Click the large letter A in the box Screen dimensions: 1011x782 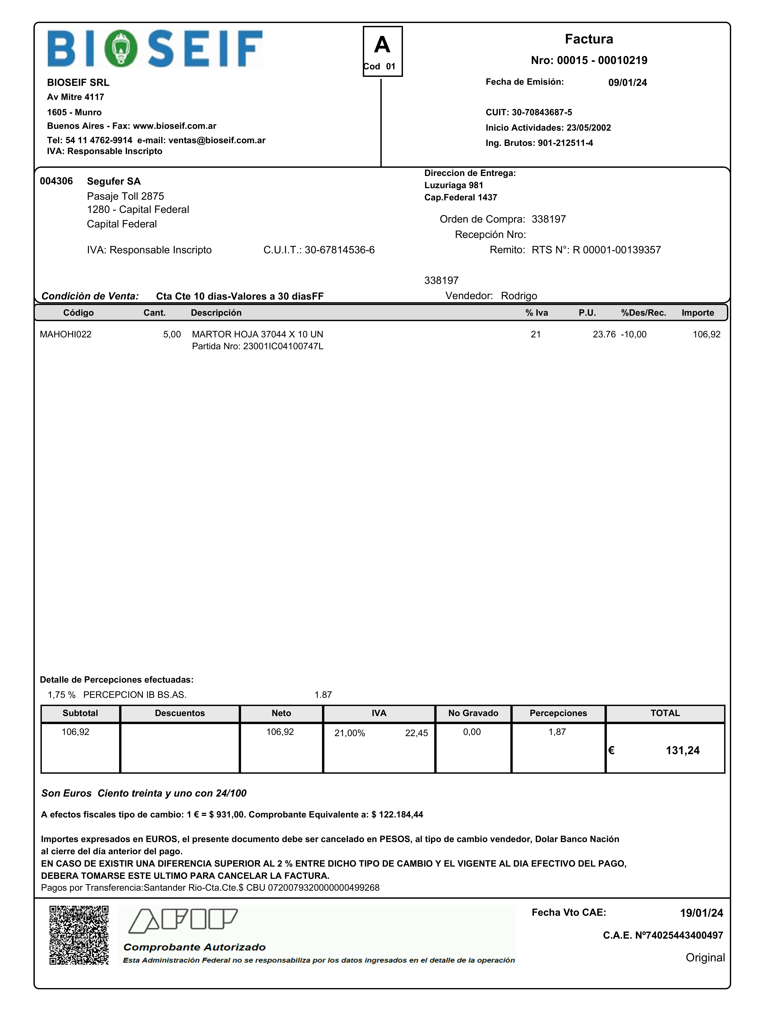382,45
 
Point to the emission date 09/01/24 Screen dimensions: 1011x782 627,82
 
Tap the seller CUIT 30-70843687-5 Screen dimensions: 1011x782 542,112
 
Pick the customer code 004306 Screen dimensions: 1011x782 56,181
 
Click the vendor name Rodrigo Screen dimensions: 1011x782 519,296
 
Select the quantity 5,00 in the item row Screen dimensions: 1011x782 172,334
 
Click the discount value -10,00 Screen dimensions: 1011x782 634,334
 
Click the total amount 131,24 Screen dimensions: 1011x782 682,750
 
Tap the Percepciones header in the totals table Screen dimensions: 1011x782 558,713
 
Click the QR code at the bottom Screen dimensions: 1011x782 79,935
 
